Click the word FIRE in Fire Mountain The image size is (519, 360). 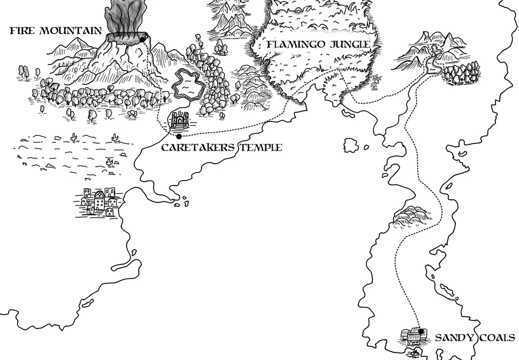(x=22, y=31)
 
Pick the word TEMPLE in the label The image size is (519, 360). (x=259, y=148)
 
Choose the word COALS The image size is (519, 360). (x=497, y=338)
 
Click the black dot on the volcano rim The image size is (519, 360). (x=142, y=39)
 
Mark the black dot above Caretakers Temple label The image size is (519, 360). (x=179, y=136)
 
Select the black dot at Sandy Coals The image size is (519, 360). (x=421, y=331)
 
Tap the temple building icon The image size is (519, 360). (x=179, y=121)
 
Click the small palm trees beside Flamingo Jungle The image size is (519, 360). (x=377, y=80)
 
